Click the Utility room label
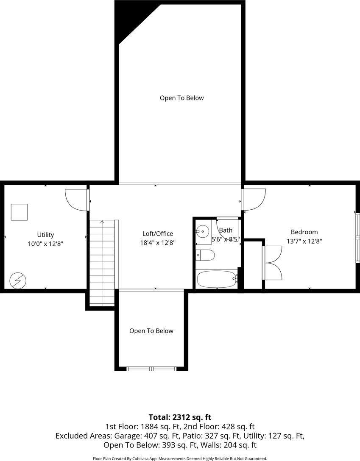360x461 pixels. click(x=45, y=235)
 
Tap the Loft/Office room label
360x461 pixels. click(x=158, y=233)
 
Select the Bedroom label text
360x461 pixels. click(x=304, y=232)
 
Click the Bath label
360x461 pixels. click(x=226, y=230)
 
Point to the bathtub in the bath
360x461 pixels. click(x=217, y=279)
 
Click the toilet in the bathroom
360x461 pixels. click(x=206, y=255)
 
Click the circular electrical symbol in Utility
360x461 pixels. click(x=18, y=281)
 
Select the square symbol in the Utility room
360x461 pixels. click(x=19, y=212)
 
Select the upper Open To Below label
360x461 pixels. click(x=182, y=98)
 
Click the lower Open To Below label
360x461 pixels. click(x=151, y=331)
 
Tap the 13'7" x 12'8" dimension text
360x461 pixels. click(x=304, y=241)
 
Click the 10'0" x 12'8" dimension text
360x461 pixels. click(x=46, y=244)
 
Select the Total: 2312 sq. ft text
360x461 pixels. click(x=180, y=417)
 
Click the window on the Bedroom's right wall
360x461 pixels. click(x=357, y=237)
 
